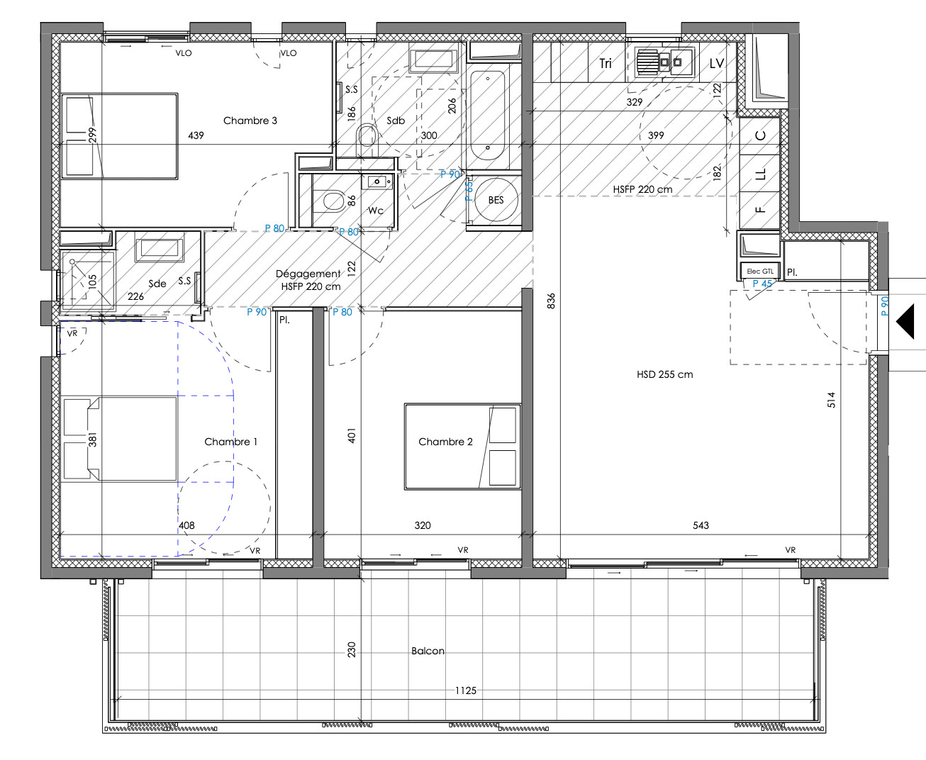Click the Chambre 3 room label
pyautogui.click(x=250, y=121)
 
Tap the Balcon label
pyautogui.click(x=428, y=651)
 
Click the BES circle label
pyautogui.click(x=496, y=200)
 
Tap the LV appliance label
pyautogui.click(x=717, y=64)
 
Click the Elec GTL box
pyautogui.click(x=760, y=271)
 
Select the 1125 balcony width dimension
pyautogui.click(x=465, y=691)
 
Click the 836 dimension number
pyautogui.click(x=551, y=301)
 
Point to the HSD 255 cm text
pyautogui.click(x=665, y=374)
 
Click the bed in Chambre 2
pyautogui.click(x=462, y=446)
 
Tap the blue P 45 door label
pyautogui.click(x=762, y=284)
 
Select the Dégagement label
pyautogui.click(x=308, y=274)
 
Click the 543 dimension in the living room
pyautogui.click(x=701, y=525)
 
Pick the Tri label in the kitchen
pyautogui.click(x=606, y=64)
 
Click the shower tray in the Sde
pyautogui.click(x=87, y=281)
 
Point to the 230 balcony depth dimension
pyautogui.click(x=351, y=650)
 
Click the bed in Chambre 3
pyautogui.click(x=119, y=136)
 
